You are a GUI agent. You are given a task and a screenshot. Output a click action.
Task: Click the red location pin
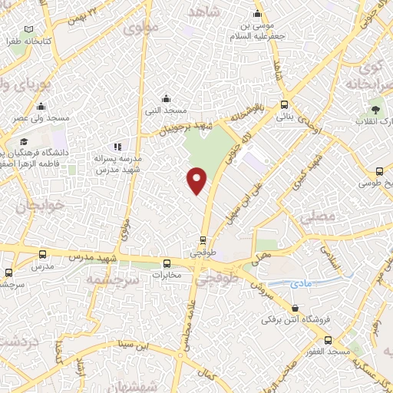tap(197, 180)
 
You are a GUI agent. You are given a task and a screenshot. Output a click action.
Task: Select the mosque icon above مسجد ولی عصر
tap(41, 107)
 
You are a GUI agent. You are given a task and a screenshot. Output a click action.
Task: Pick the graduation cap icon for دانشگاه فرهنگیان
tap(25, 142)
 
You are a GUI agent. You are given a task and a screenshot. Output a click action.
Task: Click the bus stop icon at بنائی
tap(285, 105)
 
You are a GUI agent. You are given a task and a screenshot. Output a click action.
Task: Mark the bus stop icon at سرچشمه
tap(9, 272)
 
